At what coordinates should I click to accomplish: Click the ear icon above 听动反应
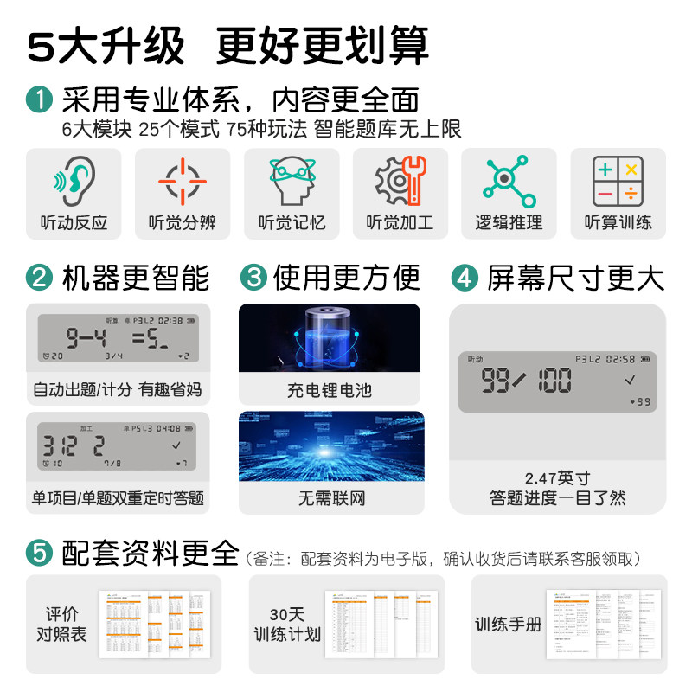[74, 181]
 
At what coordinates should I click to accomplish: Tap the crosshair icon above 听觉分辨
[183, 181]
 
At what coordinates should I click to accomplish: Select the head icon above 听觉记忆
[292, 181]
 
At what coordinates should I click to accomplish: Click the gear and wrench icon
[400, 181]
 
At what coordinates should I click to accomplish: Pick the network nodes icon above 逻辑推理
[509, 181]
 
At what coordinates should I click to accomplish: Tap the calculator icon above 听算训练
[618, 181]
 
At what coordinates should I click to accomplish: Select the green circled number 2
[39, 278]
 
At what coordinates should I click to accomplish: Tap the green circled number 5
[39, 551]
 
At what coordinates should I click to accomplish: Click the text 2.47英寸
[557, 477]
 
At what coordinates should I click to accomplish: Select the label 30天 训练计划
[286, 625]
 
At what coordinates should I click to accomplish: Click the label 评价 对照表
[67, 625]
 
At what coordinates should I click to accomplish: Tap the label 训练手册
[508, 624]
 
